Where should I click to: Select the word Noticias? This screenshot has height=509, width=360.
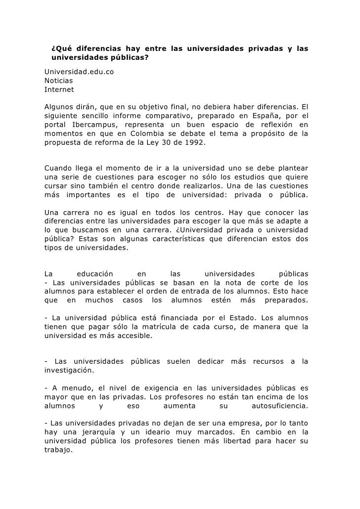(x=58, y=82)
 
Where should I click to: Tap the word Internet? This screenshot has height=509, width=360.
(x=59, y=90)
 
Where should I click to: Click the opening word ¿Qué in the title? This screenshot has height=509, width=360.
(x=60, y=49)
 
